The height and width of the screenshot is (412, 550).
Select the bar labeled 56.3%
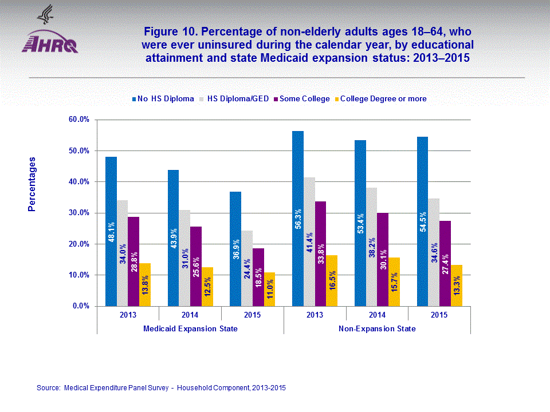point(298,219)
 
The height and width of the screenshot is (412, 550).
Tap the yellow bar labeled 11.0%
point(269,290)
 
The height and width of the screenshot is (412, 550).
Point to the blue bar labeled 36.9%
point(235,249)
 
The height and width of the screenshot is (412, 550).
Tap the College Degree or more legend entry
point(383,99)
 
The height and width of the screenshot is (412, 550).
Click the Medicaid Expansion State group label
point(190,329)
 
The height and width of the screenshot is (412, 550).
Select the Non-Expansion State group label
point(377,329)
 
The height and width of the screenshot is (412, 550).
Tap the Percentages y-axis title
point(32,184)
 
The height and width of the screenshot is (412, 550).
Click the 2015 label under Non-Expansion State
point(439,315)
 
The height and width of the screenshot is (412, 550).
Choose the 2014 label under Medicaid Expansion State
point(190,315)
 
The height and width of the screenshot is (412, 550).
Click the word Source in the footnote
point(48,388)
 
